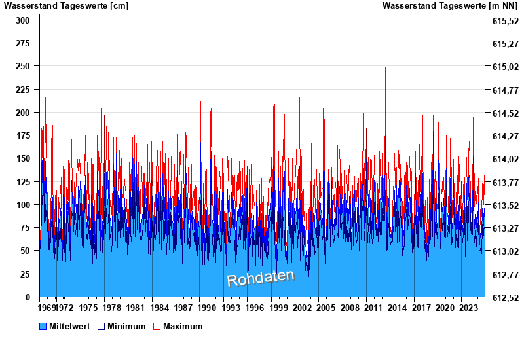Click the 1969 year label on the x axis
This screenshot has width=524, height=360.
(47, 307)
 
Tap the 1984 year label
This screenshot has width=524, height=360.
(159, 307)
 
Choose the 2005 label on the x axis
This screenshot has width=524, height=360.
(326, 307)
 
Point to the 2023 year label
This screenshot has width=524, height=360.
(468, 307)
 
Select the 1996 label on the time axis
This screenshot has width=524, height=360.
(254, 307)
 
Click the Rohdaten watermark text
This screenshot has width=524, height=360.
(261, 278)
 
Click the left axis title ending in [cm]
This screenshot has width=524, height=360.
(66, 6)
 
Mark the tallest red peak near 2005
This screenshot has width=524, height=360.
(324, 26)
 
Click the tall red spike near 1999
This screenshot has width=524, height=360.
(274, 37)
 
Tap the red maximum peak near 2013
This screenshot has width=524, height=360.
(385, 69)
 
